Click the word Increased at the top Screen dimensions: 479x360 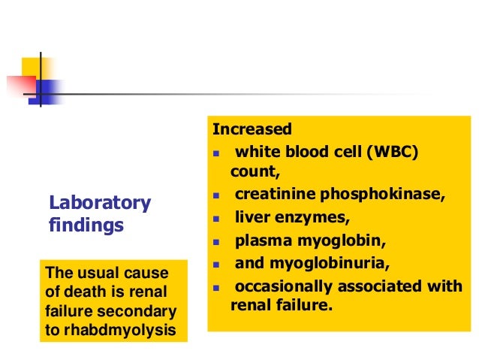pos(252,130)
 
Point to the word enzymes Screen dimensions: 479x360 pos(305,218)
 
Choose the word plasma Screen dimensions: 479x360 pos(258,241)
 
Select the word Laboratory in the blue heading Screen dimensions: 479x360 pos(100,203)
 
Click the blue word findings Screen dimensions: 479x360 pos(86,225)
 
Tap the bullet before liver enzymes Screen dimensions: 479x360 pos(216,219)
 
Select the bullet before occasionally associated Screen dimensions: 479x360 pos(216,288)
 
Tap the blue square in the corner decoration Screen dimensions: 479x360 pos(49,90)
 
